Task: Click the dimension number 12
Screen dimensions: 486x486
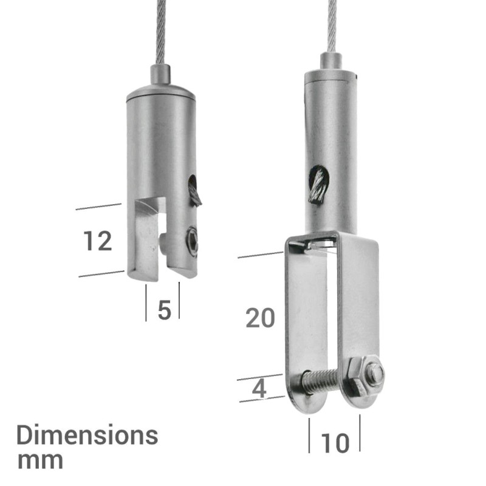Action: pos(98,241)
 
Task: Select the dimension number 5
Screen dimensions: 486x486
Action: pos(163,310)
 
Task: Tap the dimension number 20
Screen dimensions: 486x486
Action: pos(261,318)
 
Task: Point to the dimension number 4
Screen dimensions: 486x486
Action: pos(259,389)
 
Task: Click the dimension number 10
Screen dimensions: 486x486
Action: pos(335,443)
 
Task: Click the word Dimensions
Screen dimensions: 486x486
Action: pos(87,435)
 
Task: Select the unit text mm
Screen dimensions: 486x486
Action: pos(40,460)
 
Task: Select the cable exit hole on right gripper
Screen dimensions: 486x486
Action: pos(318,184)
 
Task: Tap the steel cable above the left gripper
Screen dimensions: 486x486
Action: pos(160,30)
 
